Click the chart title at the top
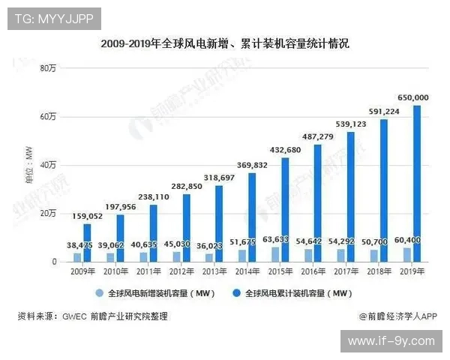click(x=225, y=44)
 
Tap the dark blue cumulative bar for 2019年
click(x=417, y=184)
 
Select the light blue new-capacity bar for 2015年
click(x=274, y=254)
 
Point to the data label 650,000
click(x=412, y=97)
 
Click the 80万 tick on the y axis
click(x=48, y=69)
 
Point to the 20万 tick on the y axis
click(x=48, y=214)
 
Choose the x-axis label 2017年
click(x=346, y=271)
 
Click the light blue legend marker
click(x=97, y=293)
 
